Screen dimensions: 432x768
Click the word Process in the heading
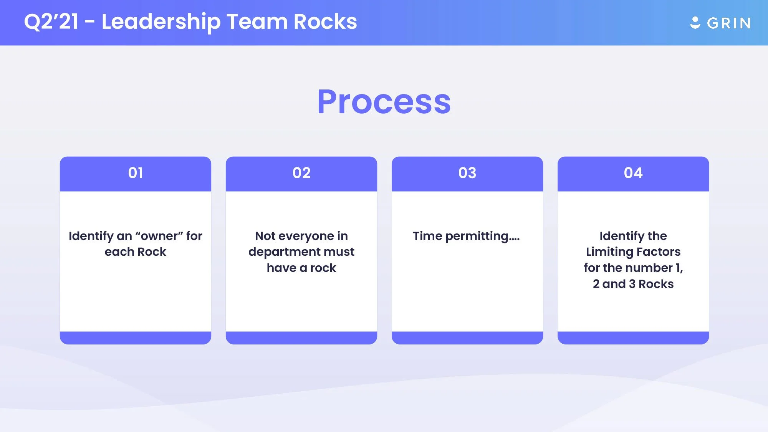pyautogui.click(x=384, y=102)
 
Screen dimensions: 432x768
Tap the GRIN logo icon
pyautogui.click(x=695, y=23)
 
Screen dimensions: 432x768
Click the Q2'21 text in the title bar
pyautogui.click(x=51, y=22)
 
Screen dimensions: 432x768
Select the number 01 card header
pyautogui.click(x=136, y=173)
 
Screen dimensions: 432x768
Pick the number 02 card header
pyautogui.click(x=301, y=173)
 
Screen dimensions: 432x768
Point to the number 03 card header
pyautogui.click(x=467, y=173)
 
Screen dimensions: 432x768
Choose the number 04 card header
pyautogui.click(x=633, y=173)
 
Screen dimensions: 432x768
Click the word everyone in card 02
pyautogui.click(x=306, y=236)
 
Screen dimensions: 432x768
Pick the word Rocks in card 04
pyautogui.click(x=656, y=284)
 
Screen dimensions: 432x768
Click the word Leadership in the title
pyautogui.click(x=161, y=22)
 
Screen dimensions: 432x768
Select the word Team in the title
pyautogui.click(x=257, y=22)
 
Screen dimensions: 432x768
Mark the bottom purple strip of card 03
pyautogui.click(x=467, y=338)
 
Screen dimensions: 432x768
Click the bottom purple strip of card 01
pyautogui.click(x=136, y=338)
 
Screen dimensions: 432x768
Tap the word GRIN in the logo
pyautogui.click(x=729, y=23)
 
